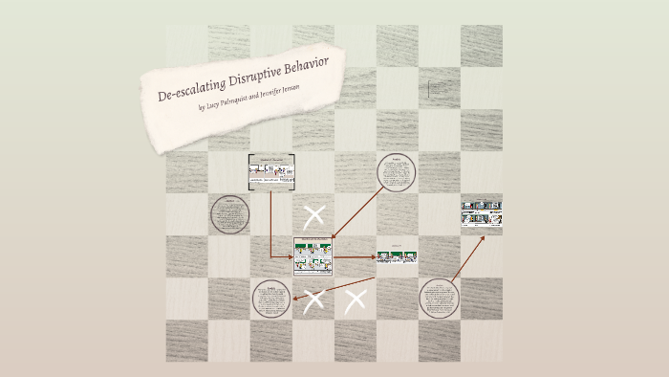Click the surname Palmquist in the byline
[x=239, y=98]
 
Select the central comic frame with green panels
[x=313, y=256]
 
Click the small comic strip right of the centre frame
[x=397, y=256]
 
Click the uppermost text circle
[x=397, y=173]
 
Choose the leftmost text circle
[x=229, y=214]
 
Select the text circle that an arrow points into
[x=271, y=299]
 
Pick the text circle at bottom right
[x=440, y=299]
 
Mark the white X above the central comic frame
[x=313, y=216]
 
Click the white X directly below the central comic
[x=313, y=301]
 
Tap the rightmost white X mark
[x=356, y=301]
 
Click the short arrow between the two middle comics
[x=355, y=256]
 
